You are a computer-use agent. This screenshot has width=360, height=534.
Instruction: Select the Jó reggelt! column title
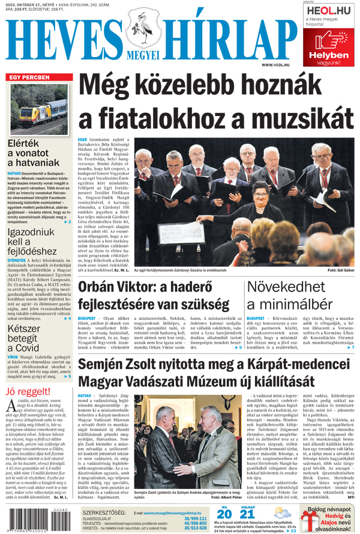coord(28,392)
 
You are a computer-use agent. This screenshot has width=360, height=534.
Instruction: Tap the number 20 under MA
coord(224,514)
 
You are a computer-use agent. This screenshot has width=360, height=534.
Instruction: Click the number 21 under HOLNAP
coord(247,514)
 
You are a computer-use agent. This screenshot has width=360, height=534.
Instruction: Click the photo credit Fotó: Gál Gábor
coord(340,271)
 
